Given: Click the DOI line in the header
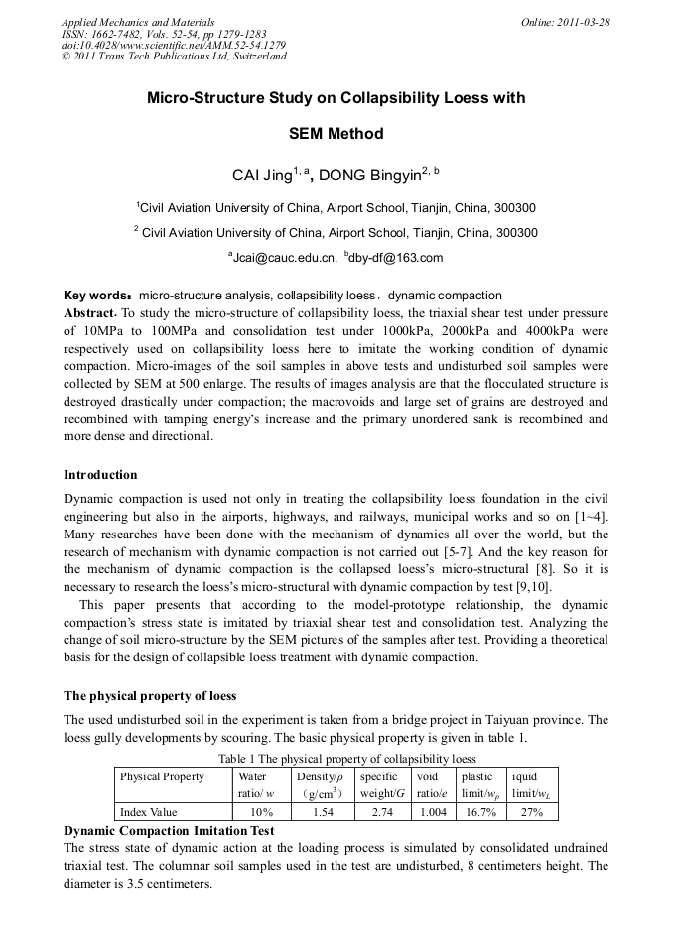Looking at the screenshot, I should [174, 45].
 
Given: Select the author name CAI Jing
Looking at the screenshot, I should [260, 176].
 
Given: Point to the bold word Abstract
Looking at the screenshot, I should [90, 311].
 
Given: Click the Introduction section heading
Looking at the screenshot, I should [100, 475].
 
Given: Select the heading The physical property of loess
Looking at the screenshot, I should [150, 695].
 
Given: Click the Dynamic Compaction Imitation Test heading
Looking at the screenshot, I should [169, 829].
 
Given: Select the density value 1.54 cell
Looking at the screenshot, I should [323, 812].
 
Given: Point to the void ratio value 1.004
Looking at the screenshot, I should [433, 812].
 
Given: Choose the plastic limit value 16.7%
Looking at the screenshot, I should [480, 812].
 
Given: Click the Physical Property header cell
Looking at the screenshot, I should [162, 776].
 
